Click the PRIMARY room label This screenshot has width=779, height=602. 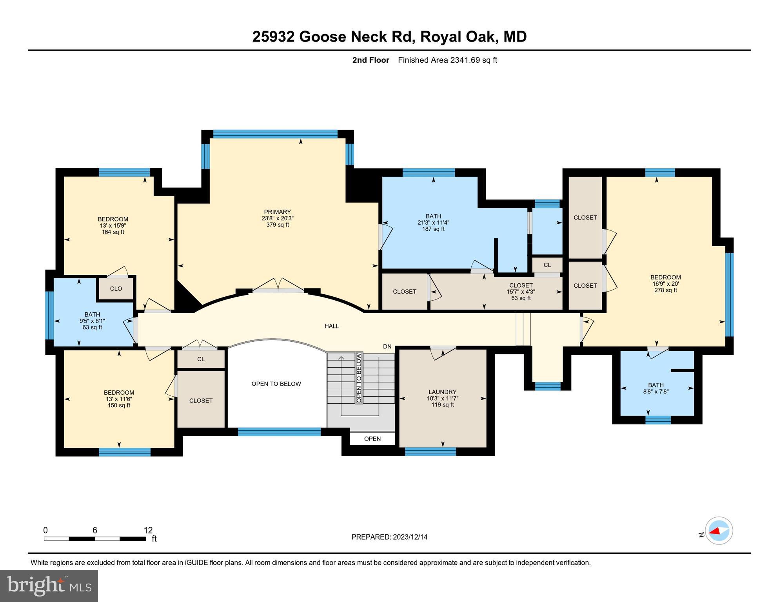pyautogui.click(x=277, y=212)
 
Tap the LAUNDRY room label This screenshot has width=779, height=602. pyautogui.click(x=442, y=392)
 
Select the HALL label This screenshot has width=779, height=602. pyautogui.click(x=332, y=326)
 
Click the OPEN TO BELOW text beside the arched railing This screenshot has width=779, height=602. pyautogui.click(x=276, y=384)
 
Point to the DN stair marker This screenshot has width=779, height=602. pyautogui.click(x=387, y=346)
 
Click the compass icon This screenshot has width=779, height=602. pyautogui.click(x=719, y=531)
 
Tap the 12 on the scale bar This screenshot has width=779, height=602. pyautogui.click(x=148, y=530)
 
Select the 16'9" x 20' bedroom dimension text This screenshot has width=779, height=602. pyautogui.click(x=665, y=284)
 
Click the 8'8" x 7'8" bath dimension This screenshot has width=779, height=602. pyautogui.click(x=656, y=392)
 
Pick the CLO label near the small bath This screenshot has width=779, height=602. pyautogui.click(x=116, y=289)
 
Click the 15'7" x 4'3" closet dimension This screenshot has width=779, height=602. pyautogui.click(x=521, y=292)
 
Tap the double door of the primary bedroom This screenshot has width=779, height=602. pyautogui.click(x=278, y=285)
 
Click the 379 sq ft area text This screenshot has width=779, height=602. pyautogui.click(x=277, y=225)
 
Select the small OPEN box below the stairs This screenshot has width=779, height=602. pyautogui.click(x=372, y=439)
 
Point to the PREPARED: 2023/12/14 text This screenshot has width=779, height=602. pyautogui.click(x=389, y=537)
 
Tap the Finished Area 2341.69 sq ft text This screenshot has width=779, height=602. pyautogui.click(x=447, y=60)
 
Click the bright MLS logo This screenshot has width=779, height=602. pyautogui.click(x=49, y=586)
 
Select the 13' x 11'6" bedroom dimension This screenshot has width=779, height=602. pyautogui.click(x=119, y=399)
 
